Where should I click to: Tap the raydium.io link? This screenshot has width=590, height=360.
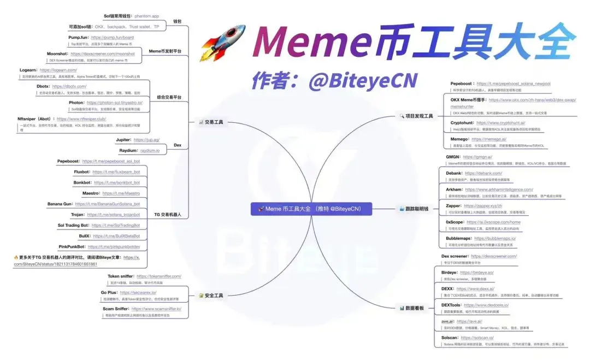click(x=149, y=150)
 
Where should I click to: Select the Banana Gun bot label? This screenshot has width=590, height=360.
click(x=60, y=204)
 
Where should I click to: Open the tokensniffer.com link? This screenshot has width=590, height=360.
click(x=158, y=276)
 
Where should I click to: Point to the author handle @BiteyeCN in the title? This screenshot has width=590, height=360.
click(x=363, y=81)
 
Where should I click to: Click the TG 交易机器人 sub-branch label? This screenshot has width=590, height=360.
click(x=168, y=215)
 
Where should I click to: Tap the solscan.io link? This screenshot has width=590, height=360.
click(x=481, y=338)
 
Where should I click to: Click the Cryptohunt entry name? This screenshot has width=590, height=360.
click(x=461, y=123)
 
